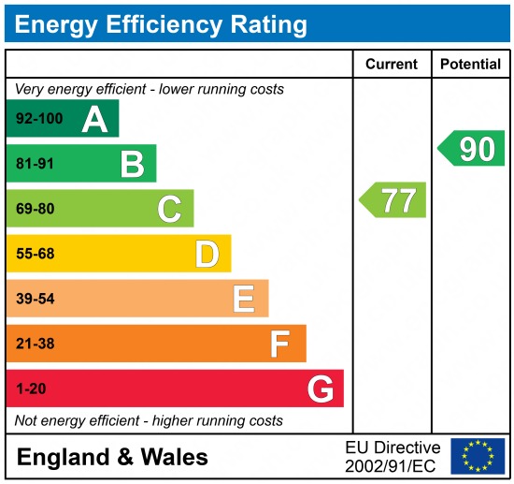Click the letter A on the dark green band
[94, 119]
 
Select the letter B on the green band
[132, 164]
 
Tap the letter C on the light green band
[169, 209]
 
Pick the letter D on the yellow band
[207, 254]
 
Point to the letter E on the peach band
[243, 299]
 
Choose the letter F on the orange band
[279, 344]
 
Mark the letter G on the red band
[320, 389]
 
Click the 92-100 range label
[37, 119]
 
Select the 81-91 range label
[35, 164]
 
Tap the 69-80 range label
[35, 209]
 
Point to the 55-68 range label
[35, 254]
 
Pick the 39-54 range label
[35, 299]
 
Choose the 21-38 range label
[35, 344]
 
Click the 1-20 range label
[31, 389]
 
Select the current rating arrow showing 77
[393, 200]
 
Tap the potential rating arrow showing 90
[472, 149]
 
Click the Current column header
[391, 65]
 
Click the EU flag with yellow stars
[477, 456]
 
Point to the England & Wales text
[112, 457]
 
